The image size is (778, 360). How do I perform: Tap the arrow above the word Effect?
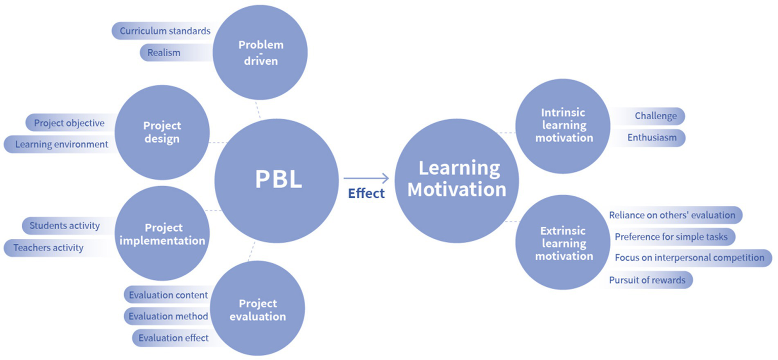point(366,178)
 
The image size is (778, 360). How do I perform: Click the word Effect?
point(366,194)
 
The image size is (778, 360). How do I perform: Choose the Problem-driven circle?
point(260,53)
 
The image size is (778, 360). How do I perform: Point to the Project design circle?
point(162,132)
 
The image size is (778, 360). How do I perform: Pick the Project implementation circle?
point(162,234)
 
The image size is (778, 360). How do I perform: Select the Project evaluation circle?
point(257,309)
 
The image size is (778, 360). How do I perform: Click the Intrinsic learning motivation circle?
point(563,125)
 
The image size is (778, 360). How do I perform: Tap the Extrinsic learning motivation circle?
point(563,243)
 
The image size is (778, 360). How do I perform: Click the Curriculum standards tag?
point(164,31)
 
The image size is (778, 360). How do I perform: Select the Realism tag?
point(164,52)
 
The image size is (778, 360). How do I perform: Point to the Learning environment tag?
point(61,145)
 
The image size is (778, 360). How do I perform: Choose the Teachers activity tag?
point(48,248)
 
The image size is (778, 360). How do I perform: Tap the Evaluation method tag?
point(168,316)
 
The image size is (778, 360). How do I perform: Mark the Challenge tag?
point(655,116)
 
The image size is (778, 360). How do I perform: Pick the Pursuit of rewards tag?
point(647,280)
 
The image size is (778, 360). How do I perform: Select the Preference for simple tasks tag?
point(671,237)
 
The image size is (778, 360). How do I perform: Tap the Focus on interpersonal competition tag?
point(689,258)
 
